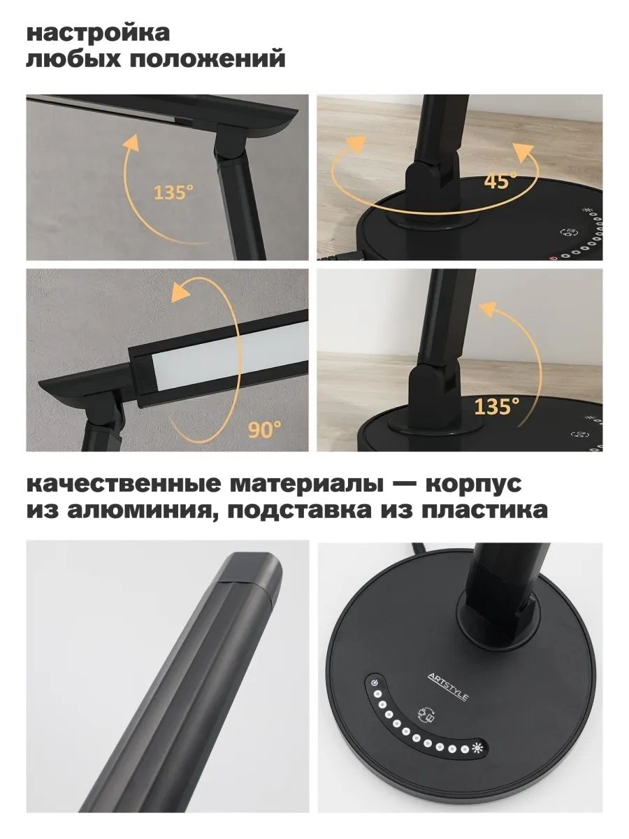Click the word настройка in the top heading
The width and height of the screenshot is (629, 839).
[99, 33]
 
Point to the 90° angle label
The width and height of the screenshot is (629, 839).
[263, 429]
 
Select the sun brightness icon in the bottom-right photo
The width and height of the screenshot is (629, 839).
[478, 747]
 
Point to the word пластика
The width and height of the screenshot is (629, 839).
[485, 511]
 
